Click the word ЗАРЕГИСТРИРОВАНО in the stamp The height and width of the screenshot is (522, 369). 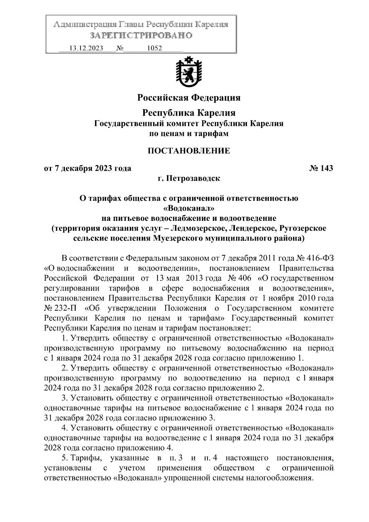[141, 35]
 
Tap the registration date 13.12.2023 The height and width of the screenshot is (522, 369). [86, 48]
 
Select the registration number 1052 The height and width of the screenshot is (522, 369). [155, 48]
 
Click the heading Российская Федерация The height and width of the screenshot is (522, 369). [188, 98]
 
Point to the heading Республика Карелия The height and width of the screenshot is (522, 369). [188, 113]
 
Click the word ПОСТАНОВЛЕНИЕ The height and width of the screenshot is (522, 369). [188, 151]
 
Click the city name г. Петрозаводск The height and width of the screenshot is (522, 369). [189, 178]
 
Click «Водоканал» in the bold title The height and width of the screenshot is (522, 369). [188, 208]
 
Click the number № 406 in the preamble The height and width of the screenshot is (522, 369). [240, 278]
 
